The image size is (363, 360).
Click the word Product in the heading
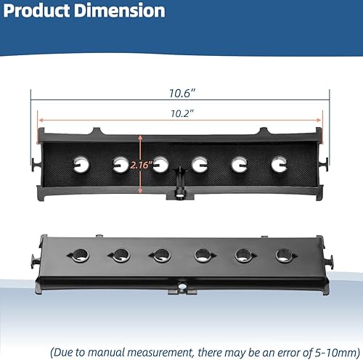click(37, 11)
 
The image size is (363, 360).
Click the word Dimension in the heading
click(120, 11)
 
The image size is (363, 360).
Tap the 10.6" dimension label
click(182, 94)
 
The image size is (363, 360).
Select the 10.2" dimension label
click(182, 114)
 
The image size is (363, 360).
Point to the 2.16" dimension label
click(142, 165)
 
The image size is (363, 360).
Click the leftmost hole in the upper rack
click(81, 165)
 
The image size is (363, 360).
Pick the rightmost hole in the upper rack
click(279, 165)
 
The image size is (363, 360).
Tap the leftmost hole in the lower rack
click(81, 255)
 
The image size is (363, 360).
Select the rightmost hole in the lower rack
click(284, 255)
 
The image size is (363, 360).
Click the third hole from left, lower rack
click(162, 255)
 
